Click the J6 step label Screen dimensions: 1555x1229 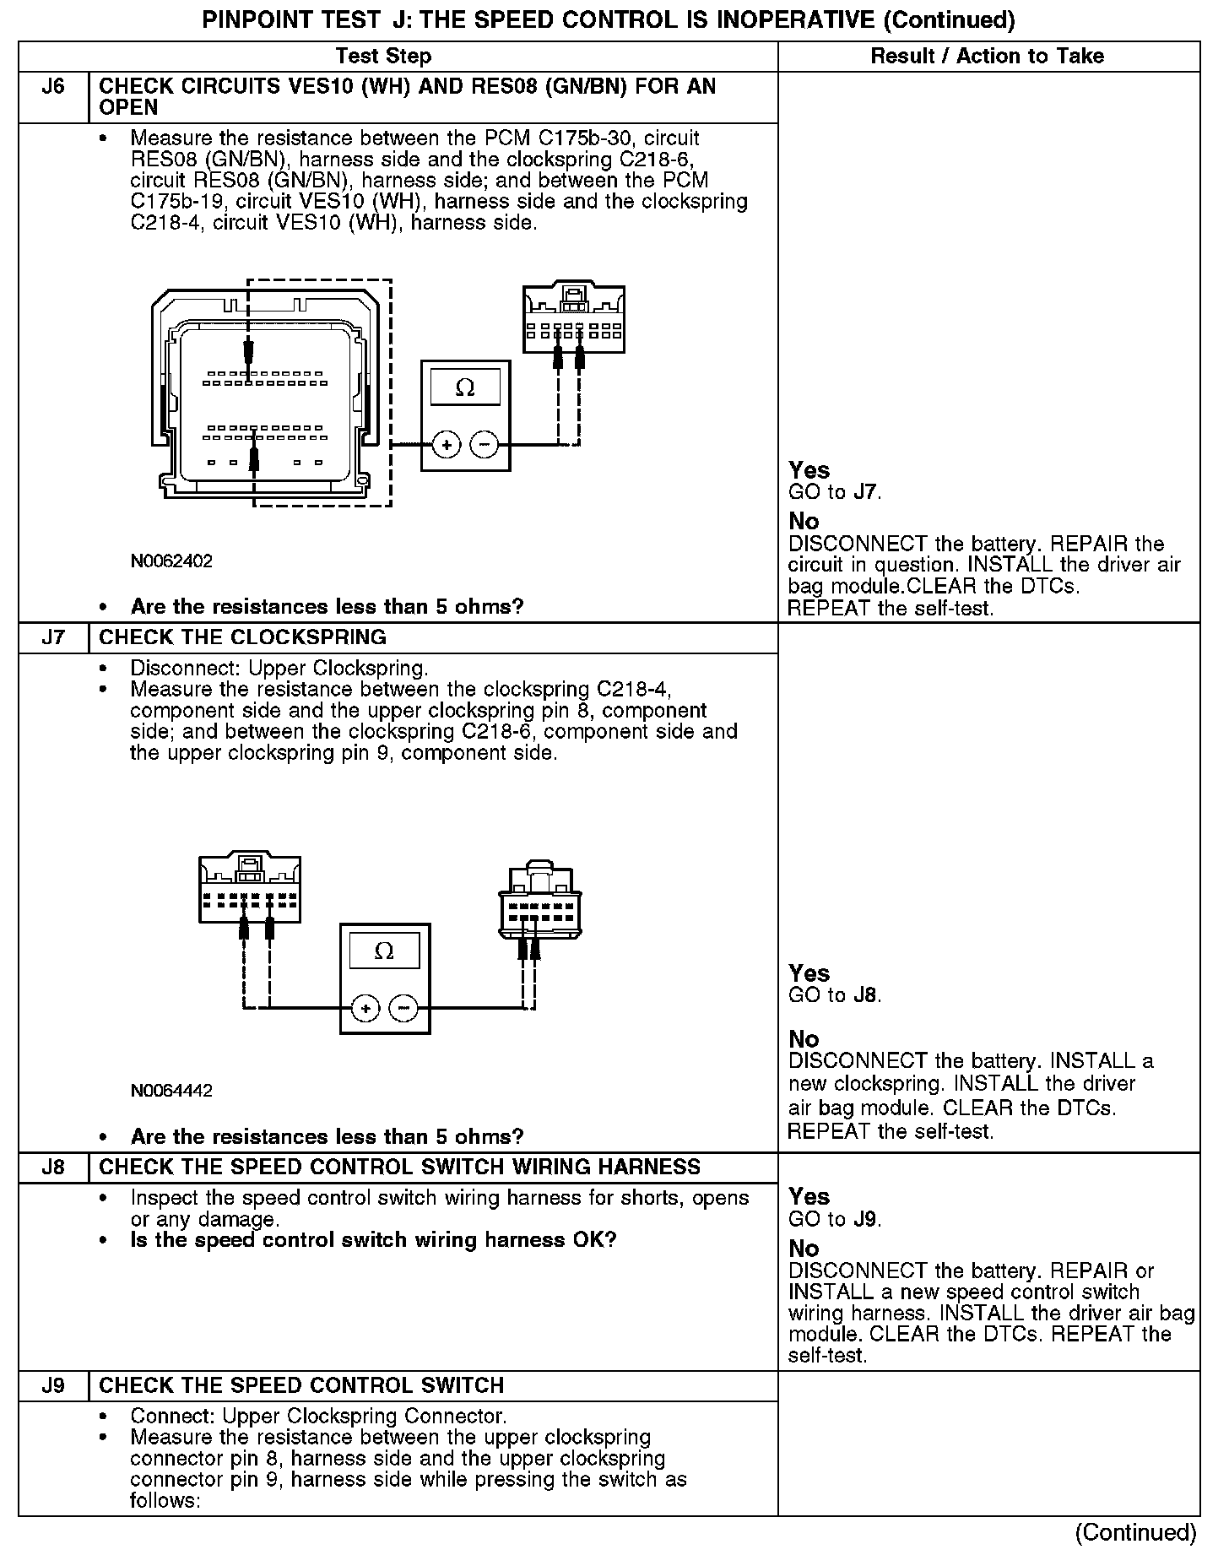click(x=52, y=87)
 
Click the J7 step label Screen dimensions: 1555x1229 click(x=52, y=637)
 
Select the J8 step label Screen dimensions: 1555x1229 click(x=52, y=1168)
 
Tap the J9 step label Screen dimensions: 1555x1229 click(x=52, y=1385)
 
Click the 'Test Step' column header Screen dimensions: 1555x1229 click(x=383, y=57)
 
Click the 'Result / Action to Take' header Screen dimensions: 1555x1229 click(x=987, y=57)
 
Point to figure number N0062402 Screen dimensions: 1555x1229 click(x=171, y=561)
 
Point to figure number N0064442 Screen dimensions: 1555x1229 click(x=171, y=1091)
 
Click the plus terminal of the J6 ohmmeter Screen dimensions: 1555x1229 click(x=447, y=445)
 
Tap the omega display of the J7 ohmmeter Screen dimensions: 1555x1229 click(x=384, y=951)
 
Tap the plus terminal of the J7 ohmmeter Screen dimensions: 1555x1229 click(x=365, y=1008)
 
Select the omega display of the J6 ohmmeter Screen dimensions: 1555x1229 click(x=465, y=387)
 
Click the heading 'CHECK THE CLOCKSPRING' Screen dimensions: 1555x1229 click(x=243, y=637)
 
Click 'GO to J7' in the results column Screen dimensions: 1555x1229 click(x=835, y=492)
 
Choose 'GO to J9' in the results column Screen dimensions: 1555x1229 click(x=835, y=1219)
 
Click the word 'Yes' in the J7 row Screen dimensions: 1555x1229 click(x=809, y=973)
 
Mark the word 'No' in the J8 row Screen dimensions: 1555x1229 click(x=804, y=1248)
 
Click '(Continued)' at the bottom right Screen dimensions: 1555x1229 click(x=1135, y=1532)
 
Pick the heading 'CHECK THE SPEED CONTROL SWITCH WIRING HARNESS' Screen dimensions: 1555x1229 click(x=400, y=1168)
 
